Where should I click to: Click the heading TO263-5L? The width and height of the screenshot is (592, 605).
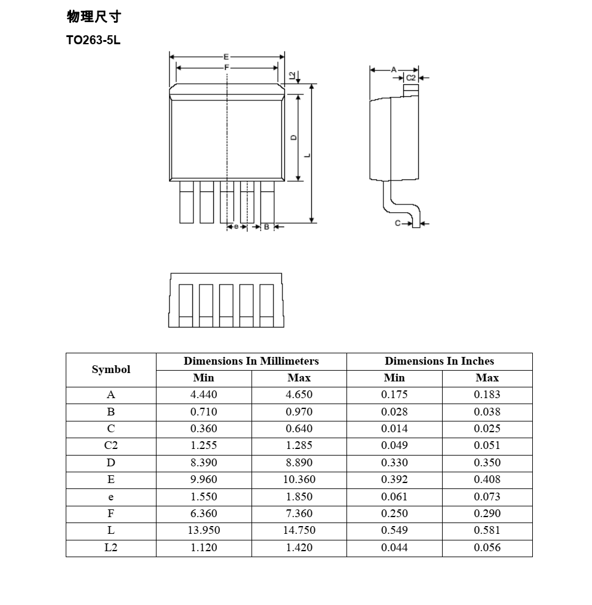[x=93, y=41]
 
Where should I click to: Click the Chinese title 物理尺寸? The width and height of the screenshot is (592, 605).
[x=94, y=17]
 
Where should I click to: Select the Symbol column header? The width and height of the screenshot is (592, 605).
[x=111, y=369]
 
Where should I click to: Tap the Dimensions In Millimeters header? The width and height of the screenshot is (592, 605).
[x=251, y=361]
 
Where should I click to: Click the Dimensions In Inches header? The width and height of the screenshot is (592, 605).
[x=439, y=361]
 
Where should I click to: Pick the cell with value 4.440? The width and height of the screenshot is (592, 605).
[x=204, y=395]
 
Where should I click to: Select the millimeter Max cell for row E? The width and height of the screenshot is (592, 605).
[x=299, y=479]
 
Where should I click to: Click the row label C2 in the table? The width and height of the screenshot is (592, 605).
[x=111, y=445]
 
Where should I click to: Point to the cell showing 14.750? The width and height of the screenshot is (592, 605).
[x=299, y=530]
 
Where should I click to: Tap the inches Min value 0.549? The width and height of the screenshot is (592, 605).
[x=394, y=530]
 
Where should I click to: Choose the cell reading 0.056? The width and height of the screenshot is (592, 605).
[x=487, y=548]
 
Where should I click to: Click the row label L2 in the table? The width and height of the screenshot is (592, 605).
[x=111, y=548]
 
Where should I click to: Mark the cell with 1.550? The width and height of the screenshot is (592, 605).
[x=204, y=497]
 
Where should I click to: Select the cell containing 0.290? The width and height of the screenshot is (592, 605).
[x=487, y=514]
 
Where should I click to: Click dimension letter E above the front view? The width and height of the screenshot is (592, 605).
[x=226, y=57]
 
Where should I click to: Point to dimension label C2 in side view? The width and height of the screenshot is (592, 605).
[x=411, y=78]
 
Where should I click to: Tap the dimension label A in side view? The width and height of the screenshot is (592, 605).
[x=394, y=70]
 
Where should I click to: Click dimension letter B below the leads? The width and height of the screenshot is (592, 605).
[x=266, y=227]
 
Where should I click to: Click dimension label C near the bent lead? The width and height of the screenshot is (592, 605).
[x=397, y=223]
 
